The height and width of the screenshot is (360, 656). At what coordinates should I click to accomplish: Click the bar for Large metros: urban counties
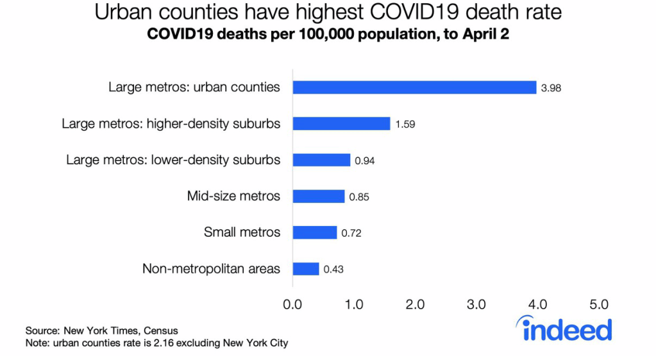pyautogui.click(x=414, y=87)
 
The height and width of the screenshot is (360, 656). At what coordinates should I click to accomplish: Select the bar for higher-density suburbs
pyautogui.click(x=341, y=124)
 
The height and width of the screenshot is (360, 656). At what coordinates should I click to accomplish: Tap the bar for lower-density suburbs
pyautogui.click(x=321, y=160)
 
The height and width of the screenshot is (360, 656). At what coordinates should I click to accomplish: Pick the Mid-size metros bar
pyautogui.click(x=319, y=196)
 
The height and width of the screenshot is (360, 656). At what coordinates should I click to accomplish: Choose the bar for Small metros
pyautogui.click(x=315, y=232)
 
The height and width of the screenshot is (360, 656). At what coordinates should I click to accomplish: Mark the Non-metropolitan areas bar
pyautogui.click(x=306, y=269)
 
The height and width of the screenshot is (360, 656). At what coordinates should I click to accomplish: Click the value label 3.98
pyautogui.click(x=551, y=88)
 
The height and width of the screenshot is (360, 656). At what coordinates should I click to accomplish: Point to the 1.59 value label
pyautogui.click(x=405, y=124)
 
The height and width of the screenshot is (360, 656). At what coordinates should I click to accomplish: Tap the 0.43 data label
pyautogui.click(x=333, y=270)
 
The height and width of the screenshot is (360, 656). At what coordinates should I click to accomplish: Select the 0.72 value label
pyautogui.click(x=351, y=233)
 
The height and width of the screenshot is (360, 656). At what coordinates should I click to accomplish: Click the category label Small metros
pyautogui.click(x=242, y=232)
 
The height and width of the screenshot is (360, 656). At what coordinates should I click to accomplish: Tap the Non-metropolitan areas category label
pyautogui.click(x=211, y=269)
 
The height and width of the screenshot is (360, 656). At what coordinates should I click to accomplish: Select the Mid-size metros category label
pyautogui.click(x=233, y=196)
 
